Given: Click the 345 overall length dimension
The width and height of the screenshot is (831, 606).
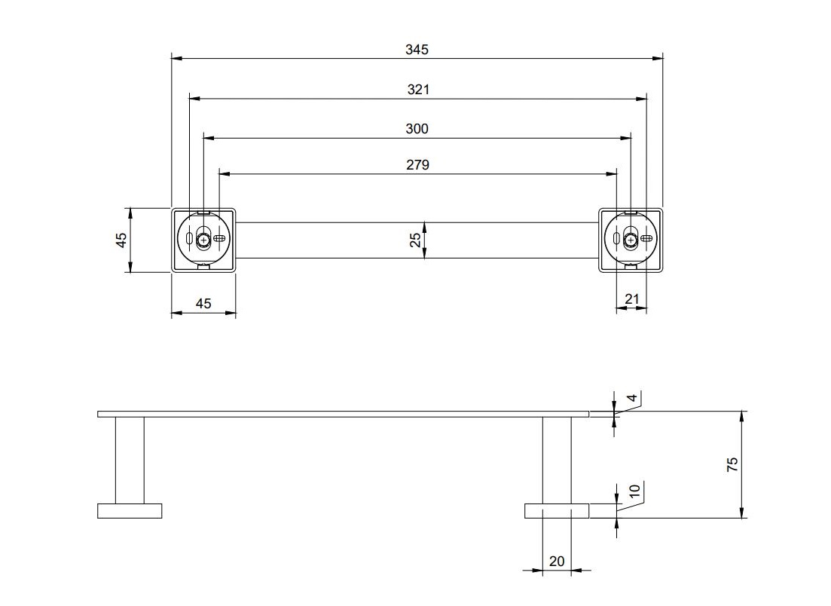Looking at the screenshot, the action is coord(417,50).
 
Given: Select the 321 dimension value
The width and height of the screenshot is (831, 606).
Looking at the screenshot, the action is coord(418,90).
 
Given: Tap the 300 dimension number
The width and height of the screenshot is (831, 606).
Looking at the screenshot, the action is coord(417,129).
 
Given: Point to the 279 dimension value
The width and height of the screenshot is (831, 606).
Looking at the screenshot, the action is coord(417,165).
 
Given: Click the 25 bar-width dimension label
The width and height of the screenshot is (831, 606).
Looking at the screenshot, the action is coord(416,240).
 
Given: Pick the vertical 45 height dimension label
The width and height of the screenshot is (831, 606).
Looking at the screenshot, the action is coord(121,240).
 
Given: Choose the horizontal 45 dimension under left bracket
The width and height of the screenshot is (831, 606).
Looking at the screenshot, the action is coord(203,304).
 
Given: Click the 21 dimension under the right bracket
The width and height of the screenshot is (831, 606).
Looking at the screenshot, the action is coord(632,299).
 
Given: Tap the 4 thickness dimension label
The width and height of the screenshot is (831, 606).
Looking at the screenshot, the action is coord(631,398).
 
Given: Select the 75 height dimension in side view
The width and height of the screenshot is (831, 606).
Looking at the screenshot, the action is coord(732,465).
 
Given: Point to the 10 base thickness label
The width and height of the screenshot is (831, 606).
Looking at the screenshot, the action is coord(634,491).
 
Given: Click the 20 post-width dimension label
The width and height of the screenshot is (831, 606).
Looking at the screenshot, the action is coord(557,561).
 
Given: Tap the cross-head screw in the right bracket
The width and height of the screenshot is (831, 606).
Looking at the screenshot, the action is coord(631,240).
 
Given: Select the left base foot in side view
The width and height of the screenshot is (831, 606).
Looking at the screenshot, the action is coord(130,510).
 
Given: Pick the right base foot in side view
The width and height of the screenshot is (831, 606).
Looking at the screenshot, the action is coord(557,510).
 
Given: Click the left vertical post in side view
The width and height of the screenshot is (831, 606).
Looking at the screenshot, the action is coord(130,461).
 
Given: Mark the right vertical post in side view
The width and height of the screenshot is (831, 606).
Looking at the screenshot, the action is coord(557,461).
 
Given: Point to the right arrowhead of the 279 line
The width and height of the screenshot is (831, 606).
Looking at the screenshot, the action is coord(612,173).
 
